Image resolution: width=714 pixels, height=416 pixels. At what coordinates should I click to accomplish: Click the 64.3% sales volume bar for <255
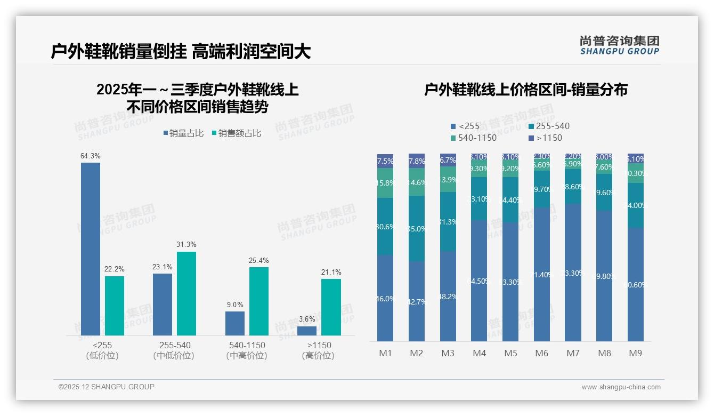coord(91,249)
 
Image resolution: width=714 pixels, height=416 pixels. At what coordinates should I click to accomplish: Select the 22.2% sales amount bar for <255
coord(115,306)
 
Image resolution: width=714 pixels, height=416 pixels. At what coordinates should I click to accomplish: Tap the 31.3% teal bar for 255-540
coord(186,293)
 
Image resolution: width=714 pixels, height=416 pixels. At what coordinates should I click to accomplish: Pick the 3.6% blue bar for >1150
coord(307,331)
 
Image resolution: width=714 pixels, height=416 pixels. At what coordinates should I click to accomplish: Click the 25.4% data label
coord(258,261)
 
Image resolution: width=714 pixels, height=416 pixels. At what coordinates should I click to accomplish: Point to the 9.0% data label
coord(234,305)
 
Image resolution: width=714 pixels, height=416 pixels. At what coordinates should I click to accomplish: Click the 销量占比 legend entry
coord(183,133)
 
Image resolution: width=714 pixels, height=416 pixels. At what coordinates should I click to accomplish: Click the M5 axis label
coord(510,354)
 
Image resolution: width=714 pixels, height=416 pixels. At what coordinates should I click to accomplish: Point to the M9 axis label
coord(635,354)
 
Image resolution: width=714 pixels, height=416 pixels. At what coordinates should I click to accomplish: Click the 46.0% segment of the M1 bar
coord(385,298)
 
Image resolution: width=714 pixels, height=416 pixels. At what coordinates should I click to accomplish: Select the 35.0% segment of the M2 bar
coord(417,228)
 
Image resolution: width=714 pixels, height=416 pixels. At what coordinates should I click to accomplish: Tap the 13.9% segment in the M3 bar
coord(448,179)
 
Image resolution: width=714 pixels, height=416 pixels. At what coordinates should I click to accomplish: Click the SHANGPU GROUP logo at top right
coord(620,45)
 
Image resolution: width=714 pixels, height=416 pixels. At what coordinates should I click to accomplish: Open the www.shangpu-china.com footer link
coord(621,387)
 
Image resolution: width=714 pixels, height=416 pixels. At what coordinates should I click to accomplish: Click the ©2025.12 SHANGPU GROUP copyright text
coord(107,387)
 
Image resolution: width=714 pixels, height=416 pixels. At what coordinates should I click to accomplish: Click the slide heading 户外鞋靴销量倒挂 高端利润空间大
coord(181,52)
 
